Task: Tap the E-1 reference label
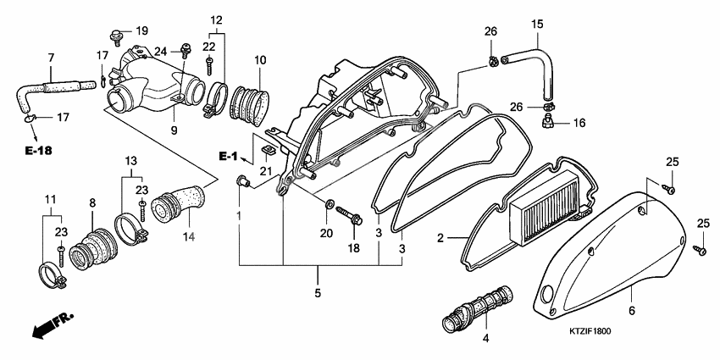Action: (228, 157)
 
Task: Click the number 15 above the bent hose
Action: (536, 25)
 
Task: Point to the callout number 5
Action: (318, 293)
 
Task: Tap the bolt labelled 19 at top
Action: (116, 36)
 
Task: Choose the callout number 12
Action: (216, 19)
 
